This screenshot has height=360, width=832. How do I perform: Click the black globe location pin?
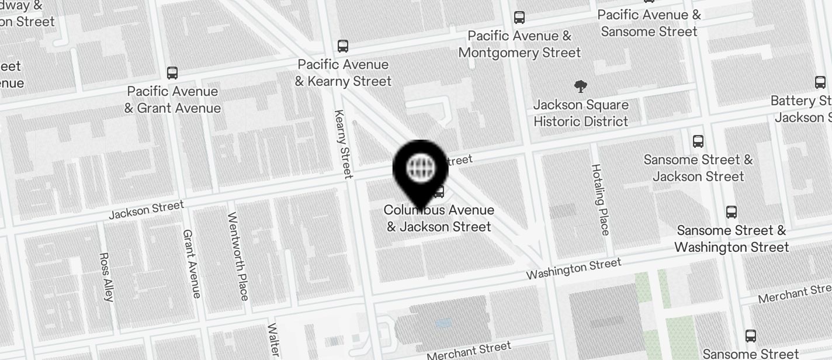tap(421, 168)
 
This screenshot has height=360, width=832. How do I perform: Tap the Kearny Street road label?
tap(343, 143)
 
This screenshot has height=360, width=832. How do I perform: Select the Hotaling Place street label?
tap(600, 199)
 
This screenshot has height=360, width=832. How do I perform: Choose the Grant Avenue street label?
tap(192, 263)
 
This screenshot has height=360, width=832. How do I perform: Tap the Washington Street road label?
tap(573, 269)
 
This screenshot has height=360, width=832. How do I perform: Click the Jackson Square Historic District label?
tap(581, 113)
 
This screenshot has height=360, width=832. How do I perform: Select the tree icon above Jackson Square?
tap(580, 87)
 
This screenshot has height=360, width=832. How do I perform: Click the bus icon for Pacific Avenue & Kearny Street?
tap(343, 46)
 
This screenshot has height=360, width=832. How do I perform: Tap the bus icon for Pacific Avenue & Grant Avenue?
tap(172, 73)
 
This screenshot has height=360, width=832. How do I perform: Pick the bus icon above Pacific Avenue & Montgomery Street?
tap(519, 18)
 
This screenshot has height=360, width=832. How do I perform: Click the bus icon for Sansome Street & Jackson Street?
tap(698, 141)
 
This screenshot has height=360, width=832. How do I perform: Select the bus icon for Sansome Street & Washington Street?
tap(731, 212)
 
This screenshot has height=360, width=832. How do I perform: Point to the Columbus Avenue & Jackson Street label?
tap(439, 218)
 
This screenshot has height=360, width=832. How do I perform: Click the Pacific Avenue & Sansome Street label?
tap(649, 23)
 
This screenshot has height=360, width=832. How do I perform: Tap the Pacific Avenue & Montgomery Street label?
tap(519, 44)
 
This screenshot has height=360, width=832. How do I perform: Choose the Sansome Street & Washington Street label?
tap(732, 238)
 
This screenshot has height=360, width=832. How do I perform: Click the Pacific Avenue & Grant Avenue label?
tap(172, 100)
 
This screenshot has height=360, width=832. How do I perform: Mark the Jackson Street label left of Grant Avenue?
tap(146, 209)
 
